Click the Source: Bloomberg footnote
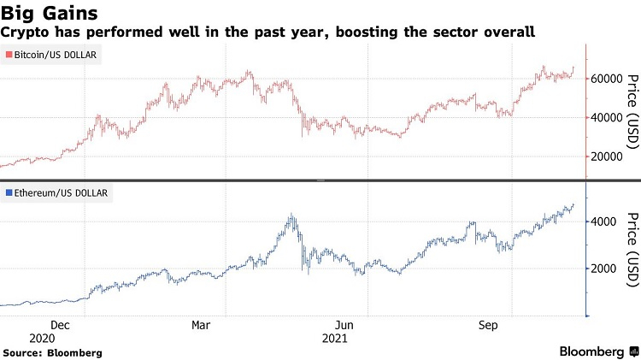coord(53,352)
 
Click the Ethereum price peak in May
coord(292,215)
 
